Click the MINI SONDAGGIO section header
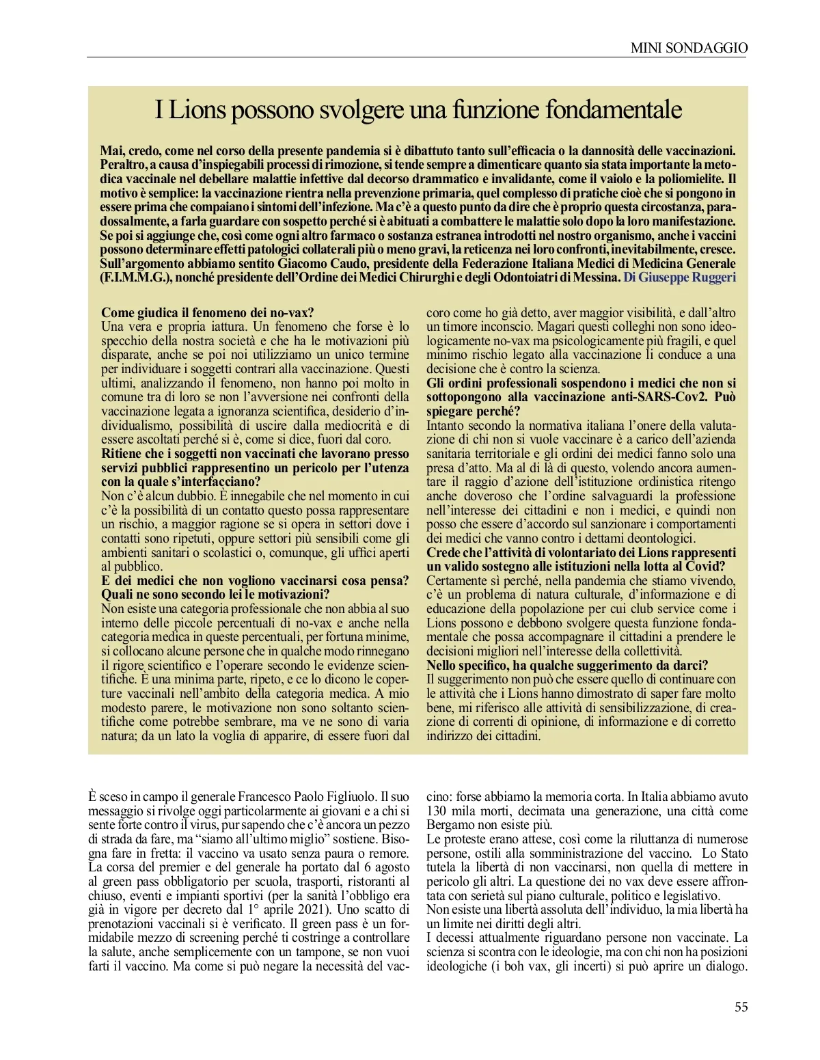click(689, 48)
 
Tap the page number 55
click(741, 1007)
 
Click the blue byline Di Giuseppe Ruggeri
click(679, 277)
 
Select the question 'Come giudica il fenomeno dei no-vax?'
click(207, 312)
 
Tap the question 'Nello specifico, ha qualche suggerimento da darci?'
click(567, 665)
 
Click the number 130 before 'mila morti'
click(437, 811)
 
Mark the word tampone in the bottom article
click(308, 952)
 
